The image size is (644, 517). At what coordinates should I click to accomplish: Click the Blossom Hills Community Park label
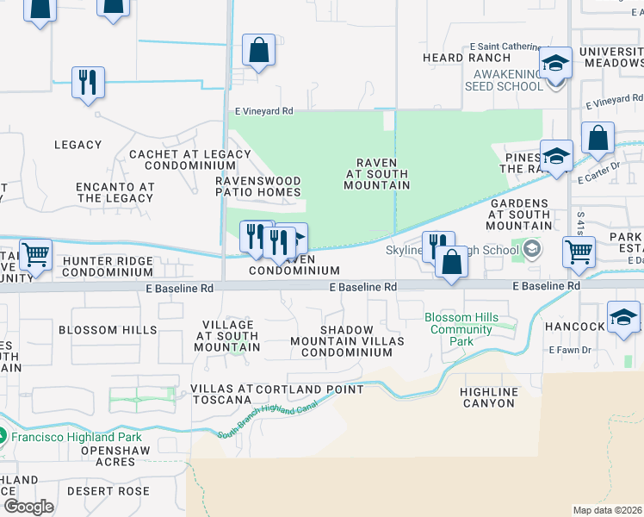point(461,329)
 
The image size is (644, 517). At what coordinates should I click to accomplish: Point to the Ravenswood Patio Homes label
point(258,186)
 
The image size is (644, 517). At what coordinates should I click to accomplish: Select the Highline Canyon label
point(489,397)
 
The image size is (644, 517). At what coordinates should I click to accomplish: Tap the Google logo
point(28,506)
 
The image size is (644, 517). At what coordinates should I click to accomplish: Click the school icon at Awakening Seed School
point(556,64)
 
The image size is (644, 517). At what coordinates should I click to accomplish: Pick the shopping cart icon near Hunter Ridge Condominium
point(36,254)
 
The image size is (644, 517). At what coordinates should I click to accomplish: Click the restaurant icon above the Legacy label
point(88,83)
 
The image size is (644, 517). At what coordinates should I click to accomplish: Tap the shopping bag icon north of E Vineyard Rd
point(258,51)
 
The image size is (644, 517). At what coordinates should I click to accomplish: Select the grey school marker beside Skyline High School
point(532,250)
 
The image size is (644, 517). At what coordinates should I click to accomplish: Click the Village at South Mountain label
point(227,335)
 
